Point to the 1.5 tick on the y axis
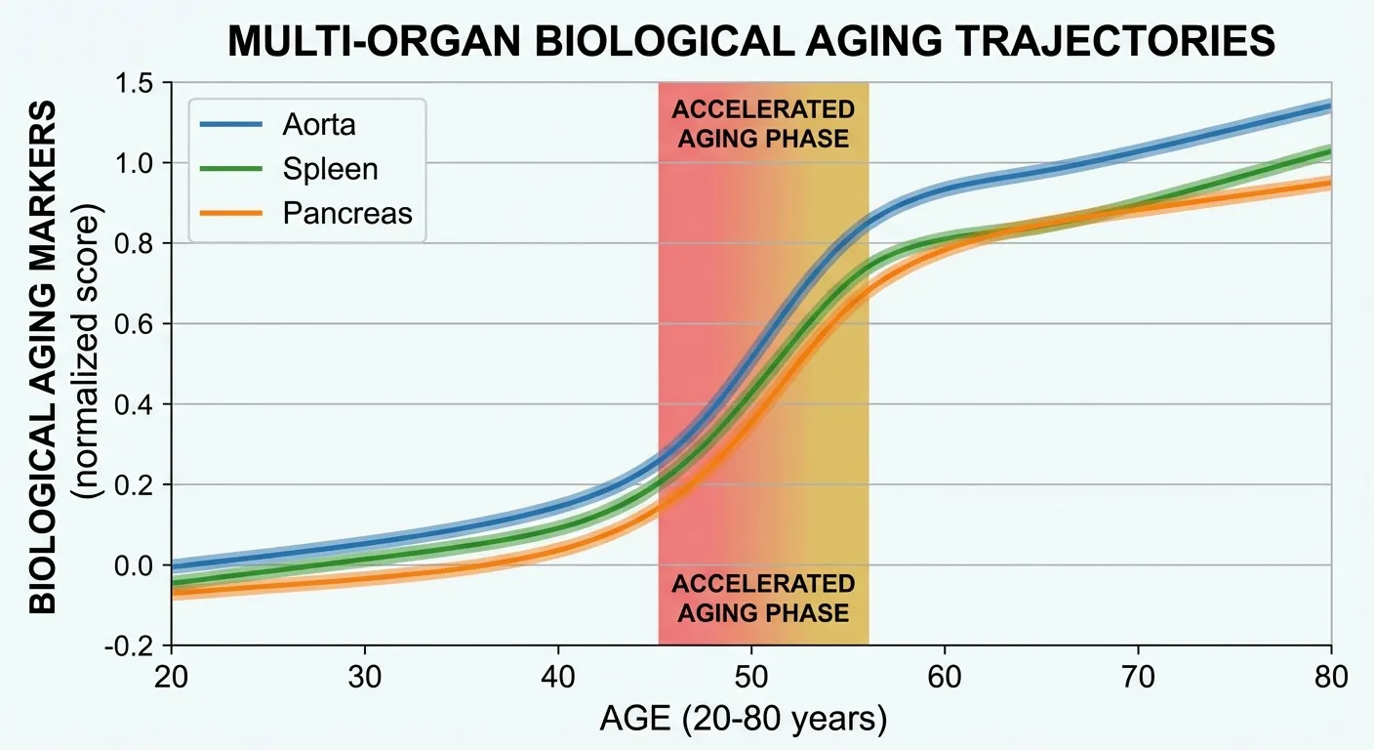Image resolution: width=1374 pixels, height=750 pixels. (x=140, y=83)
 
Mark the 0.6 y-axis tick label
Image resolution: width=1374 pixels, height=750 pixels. (x=140, y=324)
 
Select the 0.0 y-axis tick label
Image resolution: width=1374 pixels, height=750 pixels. (x=140, y=565)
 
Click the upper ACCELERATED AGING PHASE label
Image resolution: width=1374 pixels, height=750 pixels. (x=763, y=124)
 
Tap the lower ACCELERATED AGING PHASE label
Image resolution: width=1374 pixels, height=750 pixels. (x=763, y=599)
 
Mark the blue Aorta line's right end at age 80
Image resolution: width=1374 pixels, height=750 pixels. (x=1329, y=106)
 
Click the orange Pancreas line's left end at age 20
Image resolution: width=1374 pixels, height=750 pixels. (x=174, y=592)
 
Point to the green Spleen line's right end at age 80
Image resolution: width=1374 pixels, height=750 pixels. (x=1329, y=152)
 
